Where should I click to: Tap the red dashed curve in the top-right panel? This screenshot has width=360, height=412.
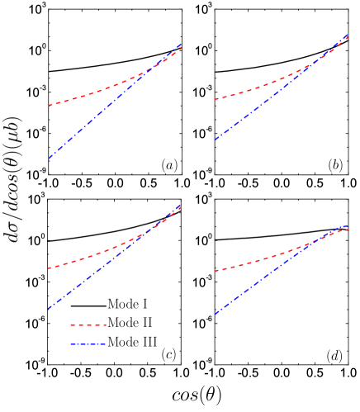[x=264, y=86]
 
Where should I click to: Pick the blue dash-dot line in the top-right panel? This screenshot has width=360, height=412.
[x=264, y=102]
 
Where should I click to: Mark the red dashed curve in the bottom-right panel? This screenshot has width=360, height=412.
[x=264, y=258]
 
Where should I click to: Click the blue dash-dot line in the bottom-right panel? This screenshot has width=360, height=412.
[x=264, y=278]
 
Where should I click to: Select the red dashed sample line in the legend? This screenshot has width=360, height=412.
[x=88, y=324]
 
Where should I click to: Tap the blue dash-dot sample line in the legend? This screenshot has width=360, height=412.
[x=88, y=343]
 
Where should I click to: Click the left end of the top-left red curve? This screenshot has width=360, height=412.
[x=49, y=106]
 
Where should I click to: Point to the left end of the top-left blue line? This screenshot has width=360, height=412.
[x=49, y=159]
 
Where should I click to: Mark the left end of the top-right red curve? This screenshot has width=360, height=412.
[x=216, y=100]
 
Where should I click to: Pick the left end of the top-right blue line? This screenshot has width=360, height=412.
[x=216, y=140]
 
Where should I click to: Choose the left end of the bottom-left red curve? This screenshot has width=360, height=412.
[x=49, y=268]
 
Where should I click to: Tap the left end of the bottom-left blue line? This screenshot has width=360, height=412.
[x=49, y=309]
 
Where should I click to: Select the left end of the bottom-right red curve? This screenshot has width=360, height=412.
[x=216, y=271]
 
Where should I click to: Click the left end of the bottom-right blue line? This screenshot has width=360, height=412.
[x=216, y=314]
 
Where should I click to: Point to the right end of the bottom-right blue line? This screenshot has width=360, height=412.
[x=348, y=225]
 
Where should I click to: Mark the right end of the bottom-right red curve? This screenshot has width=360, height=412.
[x=348, y=229]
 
